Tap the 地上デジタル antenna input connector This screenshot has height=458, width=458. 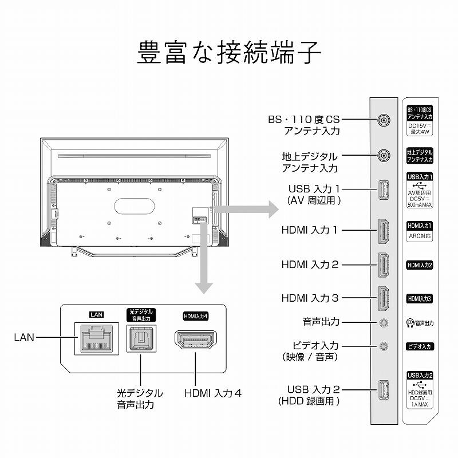(x=383, y=156)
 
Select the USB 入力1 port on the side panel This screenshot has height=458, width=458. (x=383, y=189)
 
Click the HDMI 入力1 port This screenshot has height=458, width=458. (x=383, y=230)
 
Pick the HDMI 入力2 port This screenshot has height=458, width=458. (x=383, y=265)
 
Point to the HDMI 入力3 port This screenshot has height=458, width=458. (x=383, y=298)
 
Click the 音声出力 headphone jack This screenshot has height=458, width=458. (x=384, y=322)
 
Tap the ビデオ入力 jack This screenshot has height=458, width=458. (x=384, y=346)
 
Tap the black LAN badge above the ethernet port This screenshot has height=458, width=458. (x=94, y=314)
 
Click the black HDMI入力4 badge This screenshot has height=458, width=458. (x=195, y=316)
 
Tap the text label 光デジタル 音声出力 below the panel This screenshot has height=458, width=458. (x=140, y=399)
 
